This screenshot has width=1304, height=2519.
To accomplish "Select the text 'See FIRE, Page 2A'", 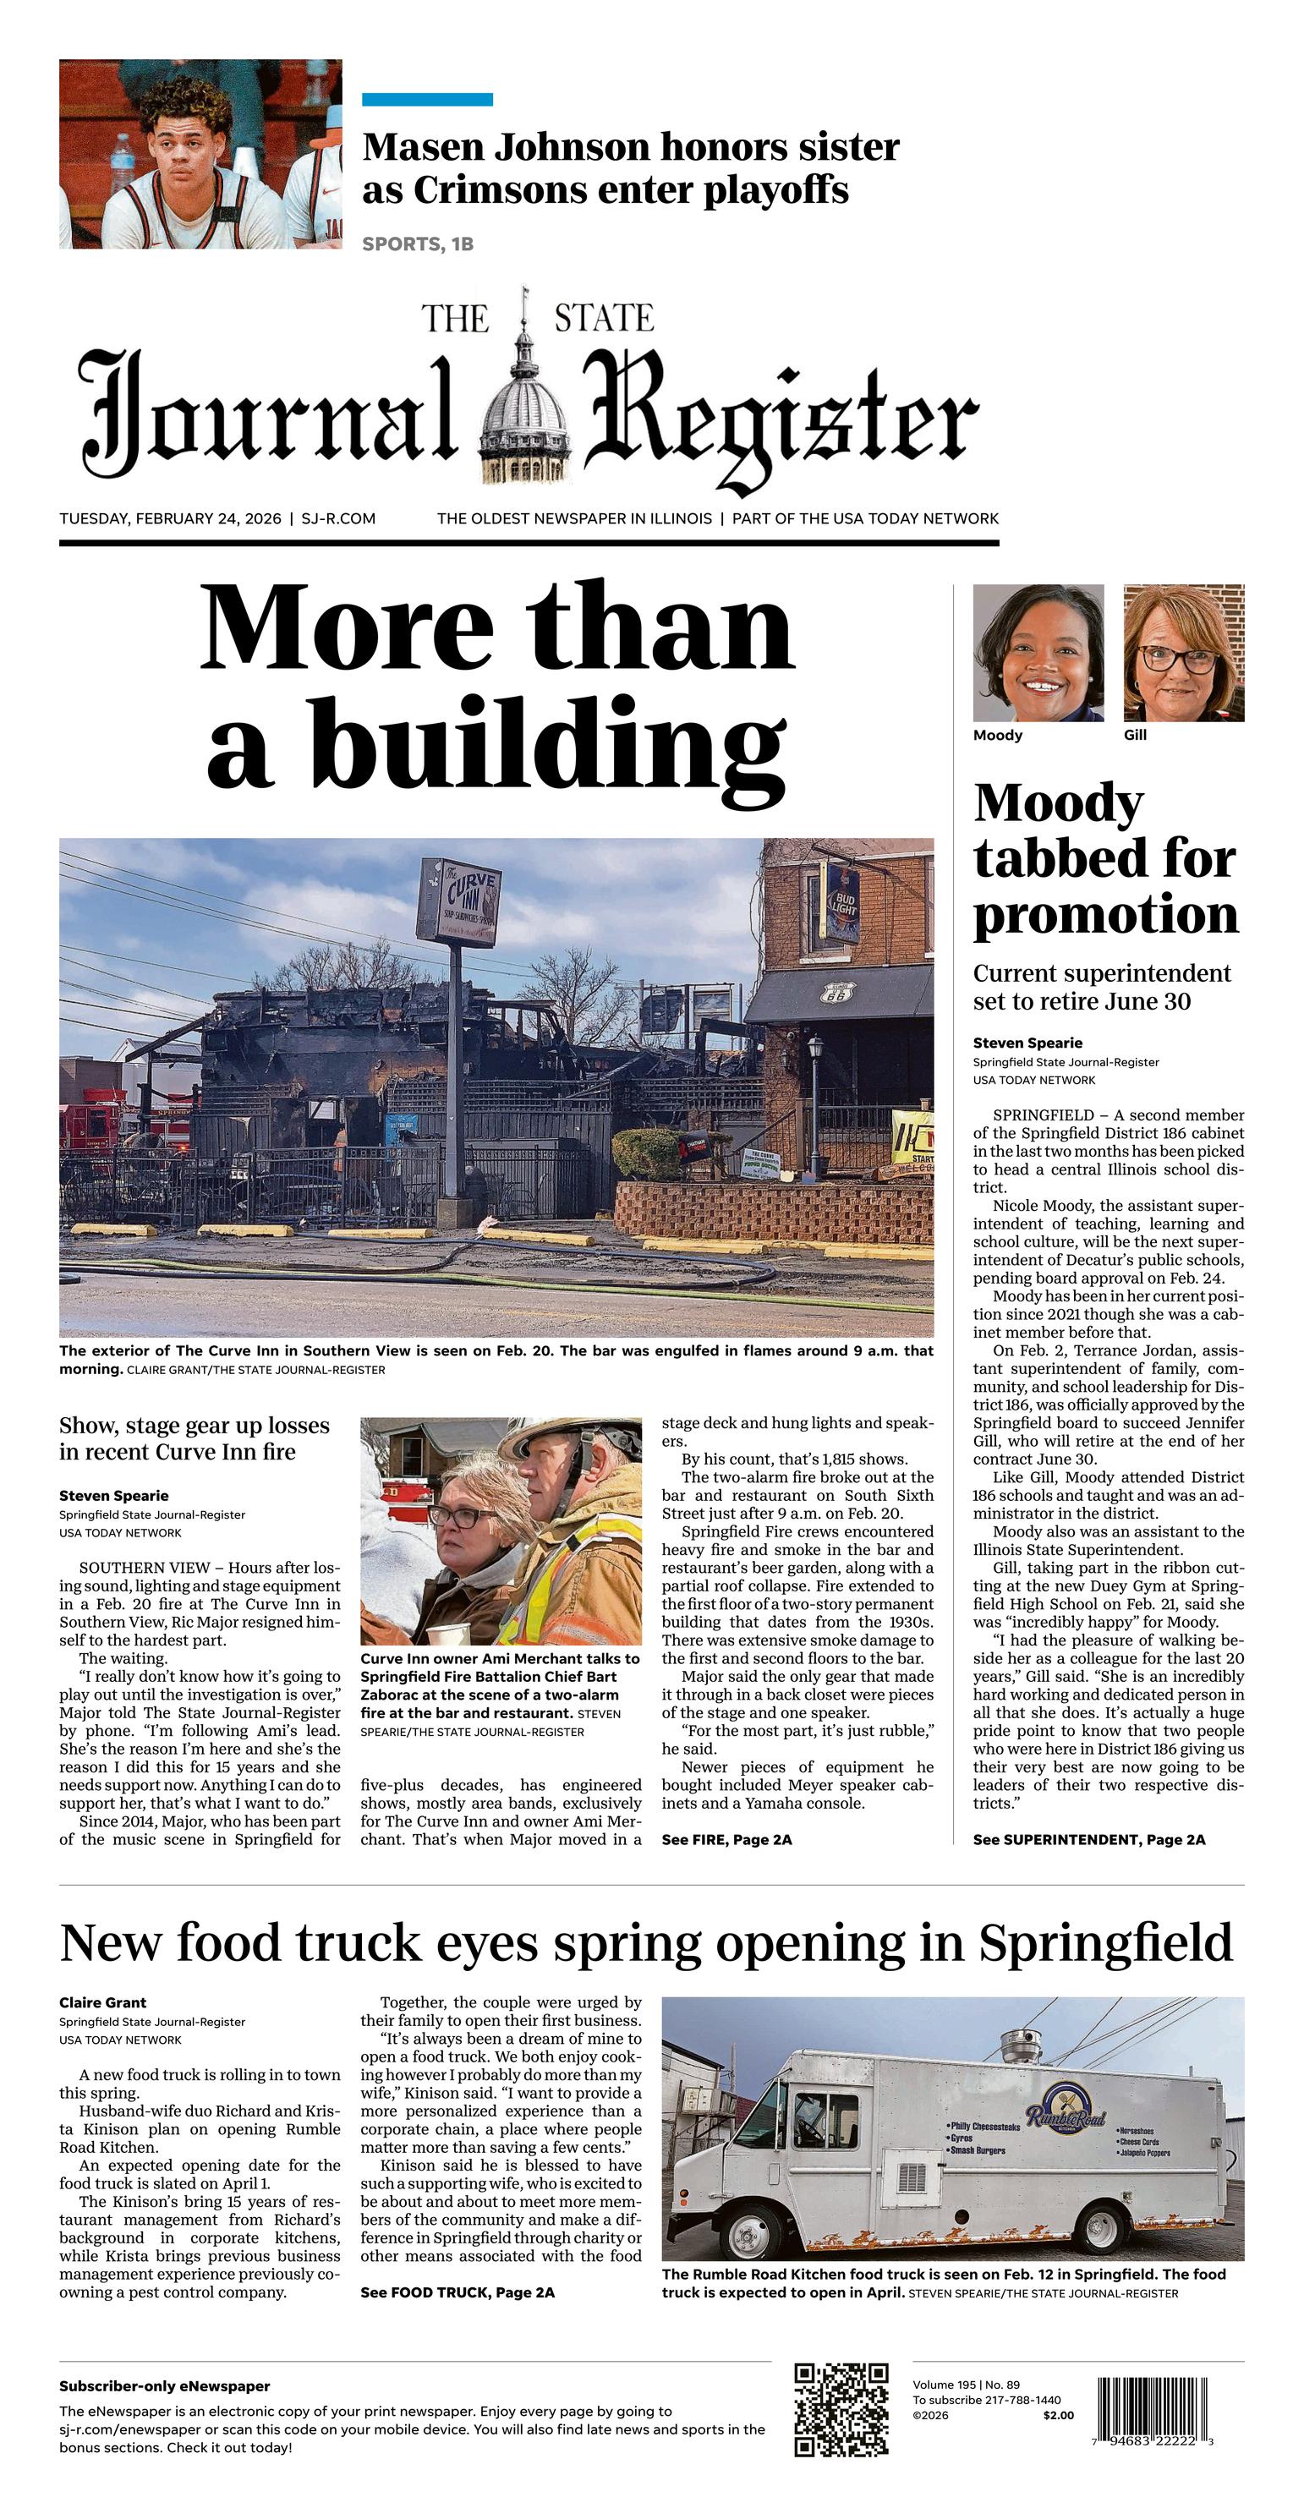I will pyautogui.click(x=726, y=1839).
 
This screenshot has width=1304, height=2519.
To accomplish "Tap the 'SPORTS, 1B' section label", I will pyautogui.click(x=418, y=244).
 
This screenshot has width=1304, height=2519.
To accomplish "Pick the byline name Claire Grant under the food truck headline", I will pyautogui.click(x=102, y=2002).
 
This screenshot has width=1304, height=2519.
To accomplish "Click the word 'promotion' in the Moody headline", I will pyautogui.click(x=1105, y=914).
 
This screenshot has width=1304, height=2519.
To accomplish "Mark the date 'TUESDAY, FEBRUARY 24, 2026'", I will pyautogui.click(x=170, y=518).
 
